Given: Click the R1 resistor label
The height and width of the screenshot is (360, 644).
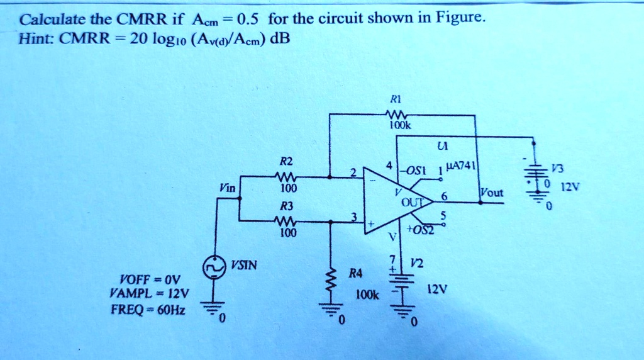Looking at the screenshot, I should pyautogui.click(x=395, y=99).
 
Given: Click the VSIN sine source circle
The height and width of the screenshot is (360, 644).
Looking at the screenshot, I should pyautogui.click(x=214, y=267).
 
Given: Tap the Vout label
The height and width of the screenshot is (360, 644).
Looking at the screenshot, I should pyautogui.click(x=491, y=193).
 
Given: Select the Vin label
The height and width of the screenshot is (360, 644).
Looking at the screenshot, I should pyautogui.click(x=227, y=187).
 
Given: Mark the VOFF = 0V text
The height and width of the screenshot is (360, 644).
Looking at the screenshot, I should pyautogui.click(x=149, y=278).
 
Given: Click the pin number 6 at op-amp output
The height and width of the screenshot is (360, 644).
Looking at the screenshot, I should pyautogui.click(x=443, y=196).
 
